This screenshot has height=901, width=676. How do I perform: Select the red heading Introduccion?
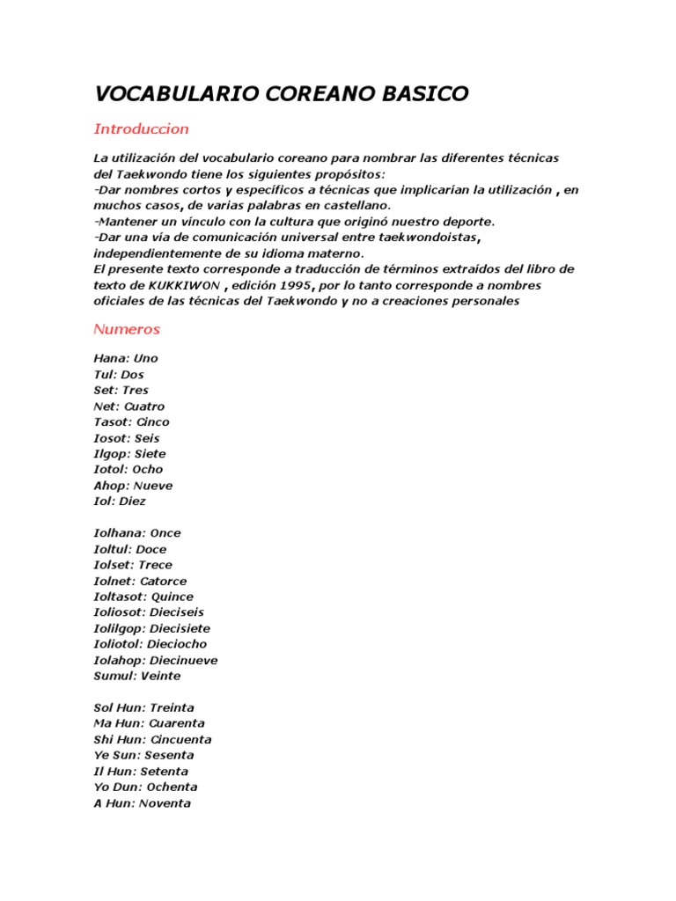pyautogui.click(x=141, y=129)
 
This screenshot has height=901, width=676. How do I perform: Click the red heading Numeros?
pyautogui.click(x=127, y=329)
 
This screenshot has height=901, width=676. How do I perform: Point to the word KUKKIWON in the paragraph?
pyautogui.click(x=192, y=286)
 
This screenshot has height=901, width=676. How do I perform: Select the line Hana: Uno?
pyautogui.click(x=126, y=359)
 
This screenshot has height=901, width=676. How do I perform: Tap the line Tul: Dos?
pyautogui.click(x=119, y=375)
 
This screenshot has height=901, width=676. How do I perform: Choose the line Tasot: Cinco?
pyautogui.click(x=131, y=422)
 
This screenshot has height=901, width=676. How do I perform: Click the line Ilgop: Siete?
pyautogui.click(x=129, y=454)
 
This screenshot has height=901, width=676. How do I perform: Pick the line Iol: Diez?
pyautogui.click(x=120, y=502)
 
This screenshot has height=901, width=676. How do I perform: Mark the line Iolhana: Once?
pyautogui.click(x=137, y=533)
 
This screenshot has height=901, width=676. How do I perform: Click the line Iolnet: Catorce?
pyautogui.click(x=140, y=581)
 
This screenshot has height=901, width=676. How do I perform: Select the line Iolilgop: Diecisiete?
pyautogui.click(x=151, y=628)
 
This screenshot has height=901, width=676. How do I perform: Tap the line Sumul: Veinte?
pyautogui.click(x=137, y=676)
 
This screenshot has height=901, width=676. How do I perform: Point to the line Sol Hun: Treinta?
pyautogui.click(x=143, y=707)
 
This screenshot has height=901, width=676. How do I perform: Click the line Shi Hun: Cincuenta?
pyautogui.click(x=152, y=739)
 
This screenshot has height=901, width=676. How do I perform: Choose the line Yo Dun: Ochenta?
pyautogui.click(x=145, y=787)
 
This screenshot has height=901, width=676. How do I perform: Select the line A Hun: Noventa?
pyautogui.click(x=142, y=802)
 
